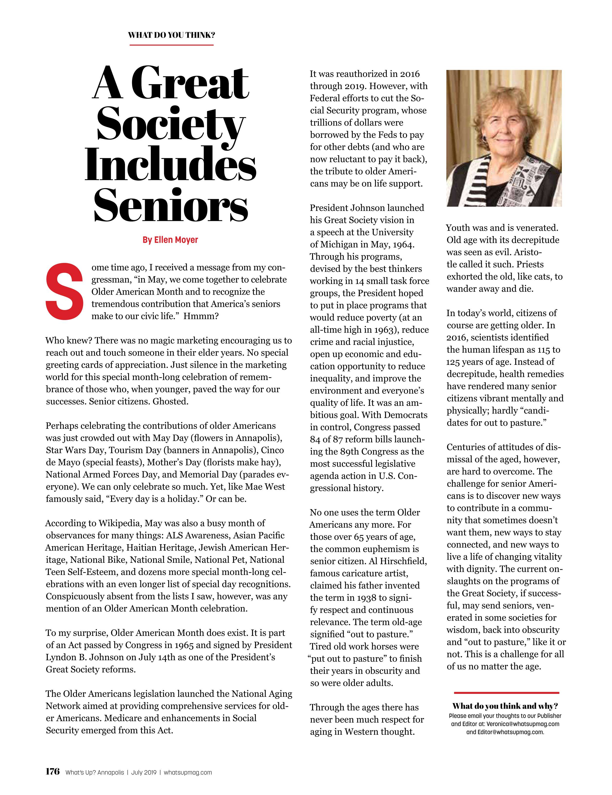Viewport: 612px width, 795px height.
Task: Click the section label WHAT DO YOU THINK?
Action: (x=171, y=35)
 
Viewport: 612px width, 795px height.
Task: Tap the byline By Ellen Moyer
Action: (x=170, y=240)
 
